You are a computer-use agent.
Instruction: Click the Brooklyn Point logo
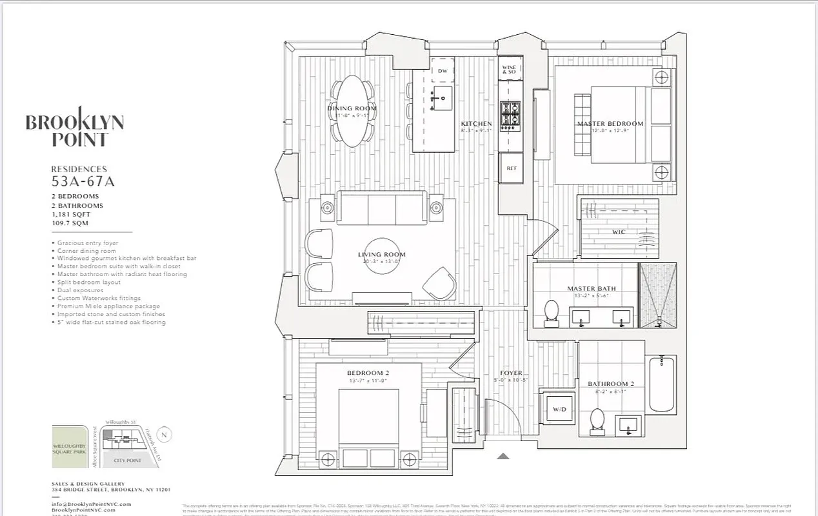click(74, 126)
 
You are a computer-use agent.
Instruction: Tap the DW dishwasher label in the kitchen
click(443, 71)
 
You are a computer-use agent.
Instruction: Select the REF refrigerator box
click(512, 168)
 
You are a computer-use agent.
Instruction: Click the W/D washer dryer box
click(556, 409)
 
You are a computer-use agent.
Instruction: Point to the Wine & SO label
click(509, 68)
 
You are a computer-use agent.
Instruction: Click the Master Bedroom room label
click(610, 124)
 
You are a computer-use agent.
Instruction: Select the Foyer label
click(511, 373)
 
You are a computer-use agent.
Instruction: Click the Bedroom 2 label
click(368, 373)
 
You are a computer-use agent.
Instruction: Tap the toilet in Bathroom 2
click(597, 420)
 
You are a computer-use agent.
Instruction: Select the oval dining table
click(352, 110)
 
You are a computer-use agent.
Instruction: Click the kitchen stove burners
click(511, 114)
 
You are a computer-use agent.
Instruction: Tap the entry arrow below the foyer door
click(503, 456)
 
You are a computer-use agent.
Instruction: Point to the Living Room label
click(382, 255)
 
